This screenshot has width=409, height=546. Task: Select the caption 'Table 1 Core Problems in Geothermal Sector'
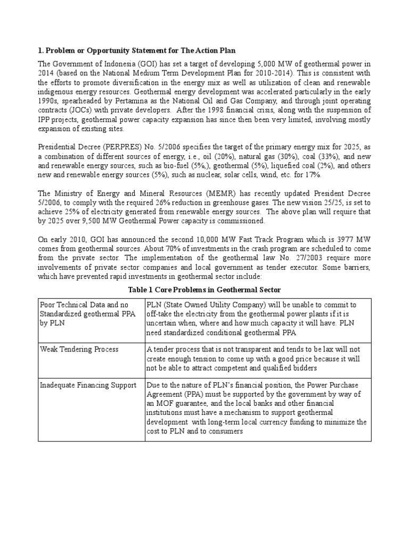pos(204,289)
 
